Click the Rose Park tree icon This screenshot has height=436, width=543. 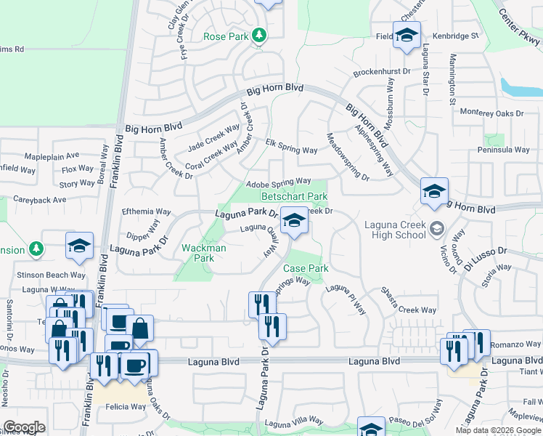click(258, 35)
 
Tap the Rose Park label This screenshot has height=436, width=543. click(225, 36)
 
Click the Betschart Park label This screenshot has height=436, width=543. click(295, 196)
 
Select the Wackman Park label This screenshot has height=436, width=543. click(203, 253)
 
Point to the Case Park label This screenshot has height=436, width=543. click(306, 268)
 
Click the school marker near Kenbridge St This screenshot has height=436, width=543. click(407, 34)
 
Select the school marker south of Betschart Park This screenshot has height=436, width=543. click(293, 220)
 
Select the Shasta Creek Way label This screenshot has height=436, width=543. click(410, 310)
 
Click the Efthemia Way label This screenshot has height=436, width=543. click(146, 211)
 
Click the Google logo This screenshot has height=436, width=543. click(25, 427)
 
